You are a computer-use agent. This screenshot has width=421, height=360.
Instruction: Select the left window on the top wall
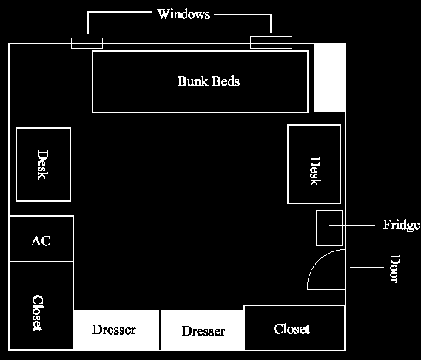87,43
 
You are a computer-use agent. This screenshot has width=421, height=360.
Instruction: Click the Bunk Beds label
209,81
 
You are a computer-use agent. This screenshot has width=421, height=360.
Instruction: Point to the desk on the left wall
43,164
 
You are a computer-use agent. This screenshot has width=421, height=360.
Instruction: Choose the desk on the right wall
314,164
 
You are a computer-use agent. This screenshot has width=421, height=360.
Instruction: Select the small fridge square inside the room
329,228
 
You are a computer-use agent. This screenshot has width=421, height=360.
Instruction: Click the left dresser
115,330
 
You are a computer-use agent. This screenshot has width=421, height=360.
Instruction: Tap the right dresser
203,330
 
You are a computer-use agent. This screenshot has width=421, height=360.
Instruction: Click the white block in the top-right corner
329,77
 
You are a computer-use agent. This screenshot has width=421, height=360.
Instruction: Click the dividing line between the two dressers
160,330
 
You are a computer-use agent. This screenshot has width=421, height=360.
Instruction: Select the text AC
41,241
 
